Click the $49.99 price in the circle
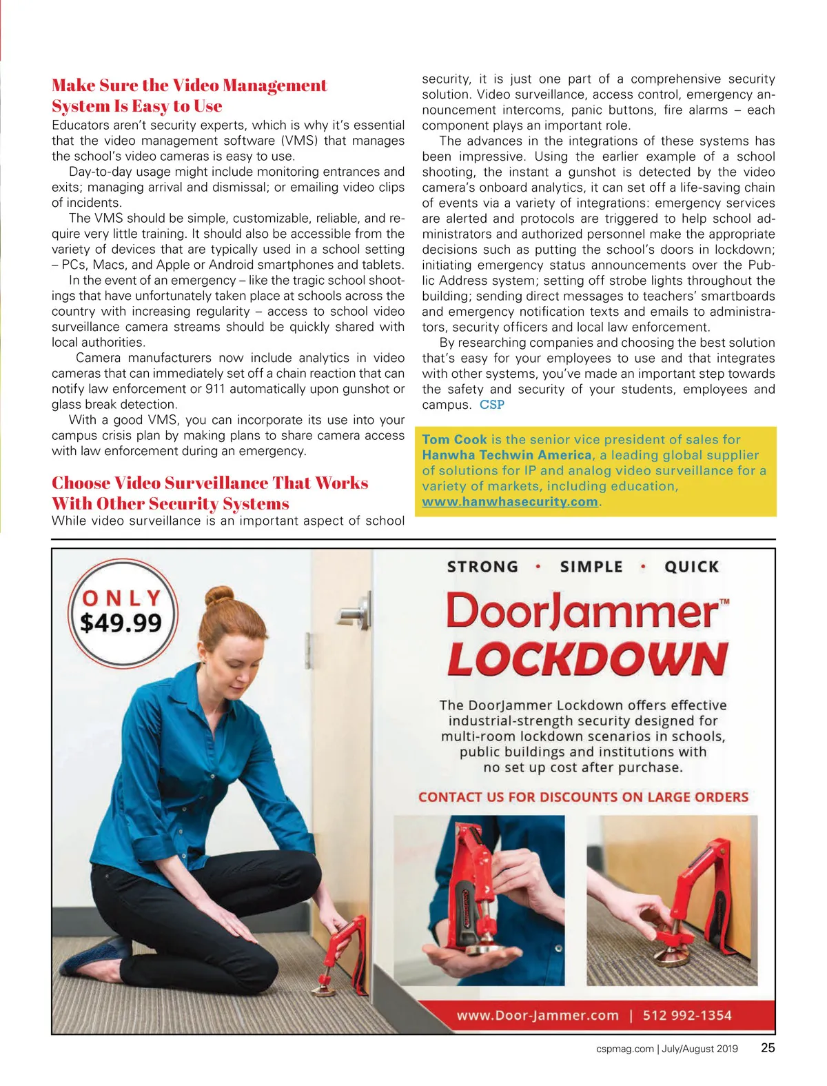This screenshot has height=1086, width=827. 121,623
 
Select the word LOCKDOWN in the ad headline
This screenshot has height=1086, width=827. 587,659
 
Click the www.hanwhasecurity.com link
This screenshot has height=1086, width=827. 510,502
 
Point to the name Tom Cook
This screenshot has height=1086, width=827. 454,439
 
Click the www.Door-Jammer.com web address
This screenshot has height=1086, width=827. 538,1015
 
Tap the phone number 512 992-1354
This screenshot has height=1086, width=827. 686,1015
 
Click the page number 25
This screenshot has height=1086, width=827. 768,1048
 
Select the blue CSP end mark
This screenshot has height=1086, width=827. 492,405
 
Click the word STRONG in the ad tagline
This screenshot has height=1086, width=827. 482,567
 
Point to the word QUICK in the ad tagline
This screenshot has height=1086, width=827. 691,567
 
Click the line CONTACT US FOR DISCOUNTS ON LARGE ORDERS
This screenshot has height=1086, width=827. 583,797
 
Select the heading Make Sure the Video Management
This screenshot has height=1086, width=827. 190,86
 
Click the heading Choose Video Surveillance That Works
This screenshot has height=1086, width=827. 210,483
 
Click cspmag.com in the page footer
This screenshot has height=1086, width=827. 624,1049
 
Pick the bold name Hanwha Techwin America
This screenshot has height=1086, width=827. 507,455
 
